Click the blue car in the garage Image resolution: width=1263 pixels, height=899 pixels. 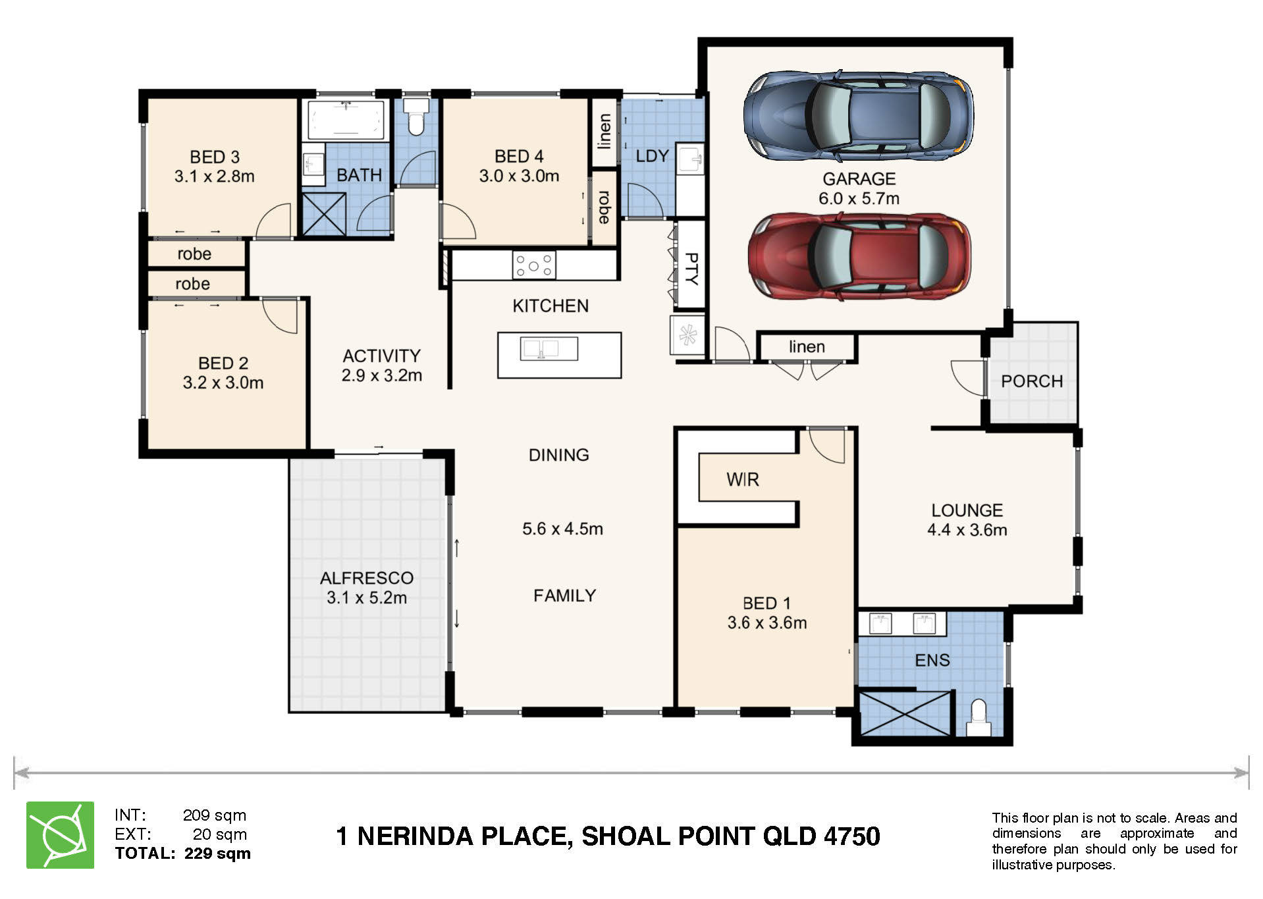click(859, 116)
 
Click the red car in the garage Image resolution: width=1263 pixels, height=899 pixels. click(859, 256)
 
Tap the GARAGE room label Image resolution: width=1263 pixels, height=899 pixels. click(859, 178)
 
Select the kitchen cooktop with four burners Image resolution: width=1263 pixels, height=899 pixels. click(534, 265)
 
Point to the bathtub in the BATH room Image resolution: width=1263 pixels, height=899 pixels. click(346, 120)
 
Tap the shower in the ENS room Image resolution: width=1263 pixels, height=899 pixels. click(906, 713)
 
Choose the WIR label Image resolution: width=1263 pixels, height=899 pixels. click(743, 479)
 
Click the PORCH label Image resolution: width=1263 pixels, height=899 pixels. click(1032, 381)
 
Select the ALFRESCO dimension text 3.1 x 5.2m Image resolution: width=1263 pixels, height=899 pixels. click(367, 598)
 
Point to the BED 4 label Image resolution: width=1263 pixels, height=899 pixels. click(519, 156)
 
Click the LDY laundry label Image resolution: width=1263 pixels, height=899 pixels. click(652, 156)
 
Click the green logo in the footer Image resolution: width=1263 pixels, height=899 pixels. click(60, 835)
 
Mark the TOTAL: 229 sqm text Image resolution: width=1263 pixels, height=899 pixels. click(182, 854)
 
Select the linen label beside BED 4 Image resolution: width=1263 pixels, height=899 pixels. click(604, 131)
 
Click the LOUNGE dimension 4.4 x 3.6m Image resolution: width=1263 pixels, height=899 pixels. click(967, 530)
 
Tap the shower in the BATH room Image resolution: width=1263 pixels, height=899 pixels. click(324, 214)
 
